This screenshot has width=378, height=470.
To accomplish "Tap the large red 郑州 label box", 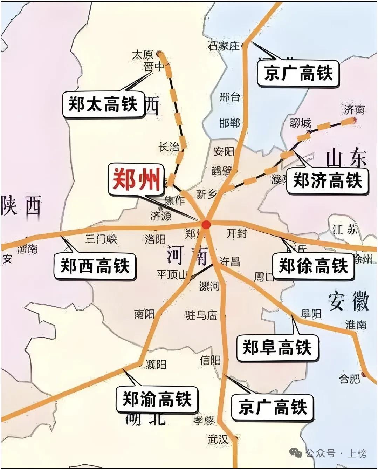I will [136, 181].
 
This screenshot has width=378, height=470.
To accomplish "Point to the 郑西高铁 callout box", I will [95, 266].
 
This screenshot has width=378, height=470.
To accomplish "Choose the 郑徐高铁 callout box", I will [313, 266].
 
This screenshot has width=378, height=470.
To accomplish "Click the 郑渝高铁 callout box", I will [157, 399].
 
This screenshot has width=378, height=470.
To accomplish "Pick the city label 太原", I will [143, 54].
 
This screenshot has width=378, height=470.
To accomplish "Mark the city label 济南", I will [354, 110].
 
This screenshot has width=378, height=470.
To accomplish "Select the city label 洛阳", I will [155, 239].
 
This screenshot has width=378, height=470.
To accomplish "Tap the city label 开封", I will [237, 233].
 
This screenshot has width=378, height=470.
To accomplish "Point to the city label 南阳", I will [144, 314].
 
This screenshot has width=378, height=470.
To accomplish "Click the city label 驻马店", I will [201, 315].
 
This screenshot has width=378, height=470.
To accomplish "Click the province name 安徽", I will [348, 301].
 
